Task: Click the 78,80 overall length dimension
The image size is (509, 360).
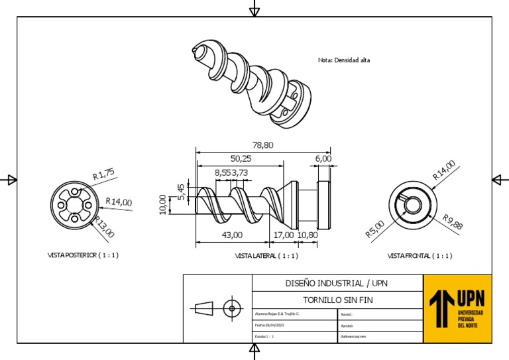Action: click(x=262, y=145)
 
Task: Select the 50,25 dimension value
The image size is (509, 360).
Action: click(x=241, y=158)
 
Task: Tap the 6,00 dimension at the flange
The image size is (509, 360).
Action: click(x=323, y=158)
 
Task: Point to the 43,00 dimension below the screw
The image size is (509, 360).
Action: click(x=231, y=235)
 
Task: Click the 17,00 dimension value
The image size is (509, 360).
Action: click(x=284, y=235)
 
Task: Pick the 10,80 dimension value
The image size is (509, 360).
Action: click(x=308, y=235)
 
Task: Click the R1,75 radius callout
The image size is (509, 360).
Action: click(x=103, y=174)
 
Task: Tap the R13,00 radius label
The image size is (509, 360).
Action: click(x=104, y=227)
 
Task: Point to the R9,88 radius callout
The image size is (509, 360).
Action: click(x=453, y=222)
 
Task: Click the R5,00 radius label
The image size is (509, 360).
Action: click(x=374, y=229)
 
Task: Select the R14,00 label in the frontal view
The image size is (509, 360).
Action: click(x=444, y=170)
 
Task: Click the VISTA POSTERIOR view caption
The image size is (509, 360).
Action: click(x=84, y=255)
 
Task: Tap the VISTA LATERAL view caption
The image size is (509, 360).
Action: click(x=266, y=255)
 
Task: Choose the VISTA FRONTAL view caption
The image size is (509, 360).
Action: click(x=420, y=255)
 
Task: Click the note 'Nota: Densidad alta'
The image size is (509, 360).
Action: click(x=344, y=60)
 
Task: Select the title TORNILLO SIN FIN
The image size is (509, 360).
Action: click(x=337, y=300)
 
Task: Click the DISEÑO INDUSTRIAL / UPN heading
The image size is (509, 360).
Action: click(x=337, y=283)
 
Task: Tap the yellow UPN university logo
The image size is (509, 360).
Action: click(x=457, y=308)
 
